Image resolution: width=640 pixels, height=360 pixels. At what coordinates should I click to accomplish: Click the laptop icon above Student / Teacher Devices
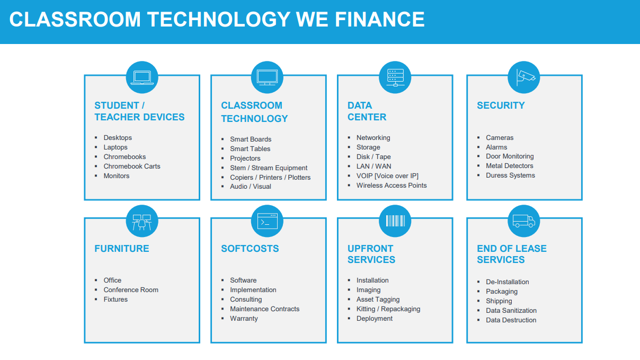click(x=142, y=77)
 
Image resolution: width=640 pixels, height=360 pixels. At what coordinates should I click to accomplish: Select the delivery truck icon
click(x=524, y=221)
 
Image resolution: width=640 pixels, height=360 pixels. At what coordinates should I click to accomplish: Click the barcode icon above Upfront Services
click(x=395, y=221)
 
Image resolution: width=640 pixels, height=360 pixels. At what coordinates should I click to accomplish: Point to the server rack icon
click(x=395, y=77)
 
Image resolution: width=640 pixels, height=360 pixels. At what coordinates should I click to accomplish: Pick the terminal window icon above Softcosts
click(x=267, y=221)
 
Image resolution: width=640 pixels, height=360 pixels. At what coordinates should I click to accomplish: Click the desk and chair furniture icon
click(x=141, y=222)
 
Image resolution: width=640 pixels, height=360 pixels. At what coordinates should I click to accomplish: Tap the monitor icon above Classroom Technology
click(x=267, y=77)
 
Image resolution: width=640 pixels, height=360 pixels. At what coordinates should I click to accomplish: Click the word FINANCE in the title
click(x=380, y=20)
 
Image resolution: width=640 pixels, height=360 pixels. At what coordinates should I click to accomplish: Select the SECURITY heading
click(x=501, y=106)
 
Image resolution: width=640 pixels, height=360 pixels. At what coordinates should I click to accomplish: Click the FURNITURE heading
click(x=122, y=249)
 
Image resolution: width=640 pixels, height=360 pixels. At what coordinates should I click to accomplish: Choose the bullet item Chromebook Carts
click(x=132, y=166)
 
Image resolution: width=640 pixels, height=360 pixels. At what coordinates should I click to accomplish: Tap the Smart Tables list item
click(x=250, y=148)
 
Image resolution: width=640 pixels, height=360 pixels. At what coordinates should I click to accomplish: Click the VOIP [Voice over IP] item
click(x=387, y=176)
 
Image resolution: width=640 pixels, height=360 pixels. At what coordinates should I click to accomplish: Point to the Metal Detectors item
click(x=510, y=166)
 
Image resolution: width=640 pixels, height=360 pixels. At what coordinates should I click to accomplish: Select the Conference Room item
click(x=131, y=290)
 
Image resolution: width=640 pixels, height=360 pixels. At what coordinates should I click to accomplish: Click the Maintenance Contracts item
click(x=264, y=309)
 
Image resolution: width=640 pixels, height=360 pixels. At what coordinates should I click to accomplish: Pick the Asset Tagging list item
click(x=378, y=300)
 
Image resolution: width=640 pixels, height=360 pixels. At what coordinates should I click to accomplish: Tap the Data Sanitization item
click(x=511, y=311)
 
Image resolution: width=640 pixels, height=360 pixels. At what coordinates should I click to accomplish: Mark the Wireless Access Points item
click(x=392, y=185)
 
